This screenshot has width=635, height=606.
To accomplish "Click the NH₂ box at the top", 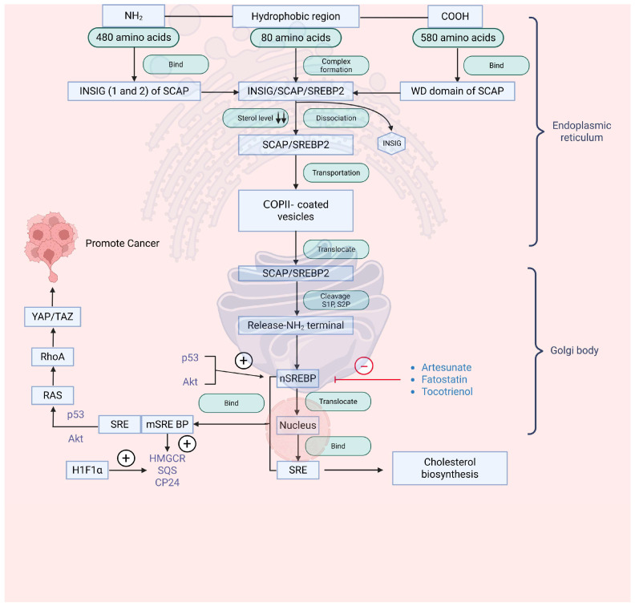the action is pyautogui.click(x=133, y=16).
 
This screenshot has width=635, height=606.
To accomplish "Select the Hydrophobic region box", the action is pyautogui.click(x=296, y=17).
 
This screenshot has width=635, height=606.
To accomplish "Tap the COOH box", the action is pyautogui.click(x=455, y=17).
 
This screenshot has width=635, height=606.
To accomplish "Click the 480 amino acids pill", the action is pyautogui.click(x=134, y=37).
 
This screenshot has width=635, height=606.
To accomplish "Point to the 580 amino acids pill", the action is pyautogui.click(x=458, y=38).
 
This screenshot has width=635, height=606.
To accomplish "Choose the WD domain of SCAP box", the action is pyautogui.click(x=457, y=91).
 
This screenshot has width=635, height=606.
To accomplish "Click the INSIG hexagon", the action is pyautogui.click(x=391, y=143).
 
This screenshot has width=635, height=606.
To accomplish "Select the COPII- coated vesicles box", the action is pyautogui.click(x=296, y=211).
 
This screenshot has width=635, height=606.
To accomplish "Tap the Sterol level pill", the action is pyautogui.click(x=256, y=118).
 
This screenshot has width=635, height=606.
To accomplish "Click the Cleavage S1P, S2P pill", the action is pyautogui.click(x=336, y=300).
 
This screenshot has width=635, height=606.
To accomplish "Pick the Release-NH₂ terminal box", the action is pyautogui.click(x=296, y=325).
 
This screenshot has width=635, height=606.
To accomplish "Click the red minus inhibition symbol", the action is pyautogui.click(x=364, y=366).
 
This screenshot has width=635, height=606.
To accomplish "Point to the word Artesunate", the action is pyautogui.click(x=447, y=367).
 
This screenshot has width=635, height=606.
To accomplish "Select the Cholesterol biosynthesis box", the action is pyautogui.click(x=450, y=468).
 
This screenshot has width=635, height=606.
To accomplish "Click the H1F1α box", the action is pyautogui.click(x=87, y=470).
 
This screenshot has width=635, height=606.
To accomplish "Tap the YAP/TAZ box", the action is pyautogui.click(x=53, y=317).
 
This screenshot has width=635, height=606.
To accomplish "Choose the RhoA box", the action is pyautogui.click(x=53, y=357).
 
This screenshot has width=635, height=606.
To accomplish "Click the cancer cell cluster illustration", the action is pyautogui.click(x=51, y=243).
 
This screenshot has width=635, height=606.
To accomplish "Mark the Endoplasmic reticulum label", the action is pyautogui.click(x=581, y=131).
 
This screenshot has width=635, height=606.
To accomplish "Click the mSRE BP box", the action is pyautogui.click(x=168, y=424).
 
